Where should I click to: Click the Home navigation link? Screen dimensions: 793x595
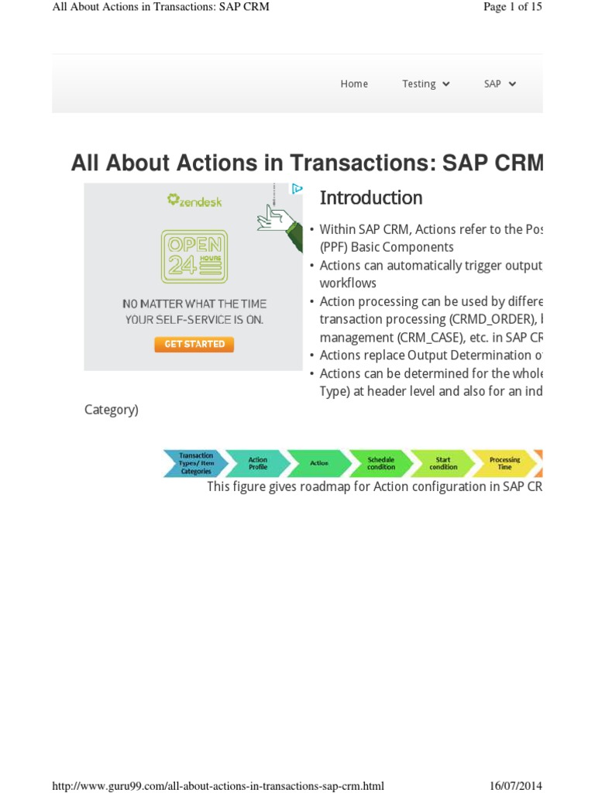pyautogui.click(x=354, y=84)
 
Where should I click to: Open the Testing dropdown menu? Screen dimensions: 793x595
pyautogui.click(x=425, y=84)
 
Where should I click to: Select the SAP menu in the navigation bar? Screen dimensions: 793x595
pyautogui.click(x=500, y=84)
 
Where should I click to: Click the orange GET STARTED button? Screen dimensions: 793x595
pyautogui.click(x=194, y=344)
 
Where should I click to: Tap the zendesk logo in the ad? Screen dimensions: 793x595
pyautogui.click(x=194, y=201)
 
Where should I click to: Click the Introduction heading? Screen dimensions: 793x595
pyautogui.click(x=371, y=198)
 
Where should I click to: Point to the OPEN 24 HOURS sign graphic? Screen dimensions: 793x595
pyautogui.click(x=194, y=256)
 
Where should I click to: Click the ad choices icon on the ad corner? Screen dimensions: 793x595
pyautogui.click(x=297, y=188)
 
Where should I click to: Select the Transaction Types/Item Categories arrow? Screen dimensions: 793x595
pyautogui.click(x=195, y=463)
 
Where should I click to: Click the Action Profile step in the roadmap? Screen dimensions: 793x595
pyautogui.click(x=258, y=463)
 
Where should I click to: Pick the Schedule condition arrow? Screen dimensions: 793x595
pyautogui.click(x=380, y=463)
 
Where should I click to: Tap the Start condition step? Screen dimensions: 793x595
pyautogui.click(x=442, y=463)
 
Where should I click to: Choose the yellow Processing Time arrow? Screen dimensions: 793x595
pyautogui.click(x=504, y=463)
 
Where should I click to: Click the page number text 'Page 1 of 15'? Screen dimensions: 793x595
pyautogui.click(x=512, y=7)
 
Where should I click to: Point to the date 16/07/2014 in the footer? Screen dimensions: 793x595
pyautogui.click(x=515, y=785)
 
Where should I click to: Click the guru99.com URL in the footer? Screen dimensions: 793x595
pyautogui.click(x=218, y=785)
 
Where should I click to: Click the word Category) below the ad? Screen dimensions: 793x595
pyautogui.click(x=111, y=410)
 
